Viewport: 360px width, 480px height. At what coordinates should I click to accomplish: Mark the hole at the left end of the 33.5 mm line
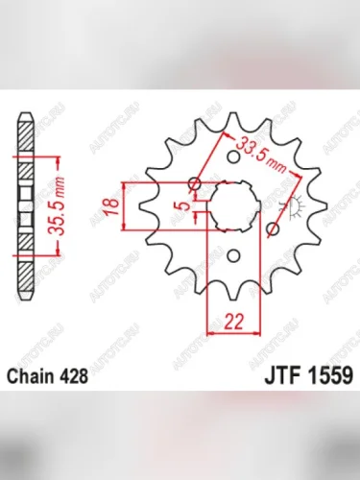coord(196,181)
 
